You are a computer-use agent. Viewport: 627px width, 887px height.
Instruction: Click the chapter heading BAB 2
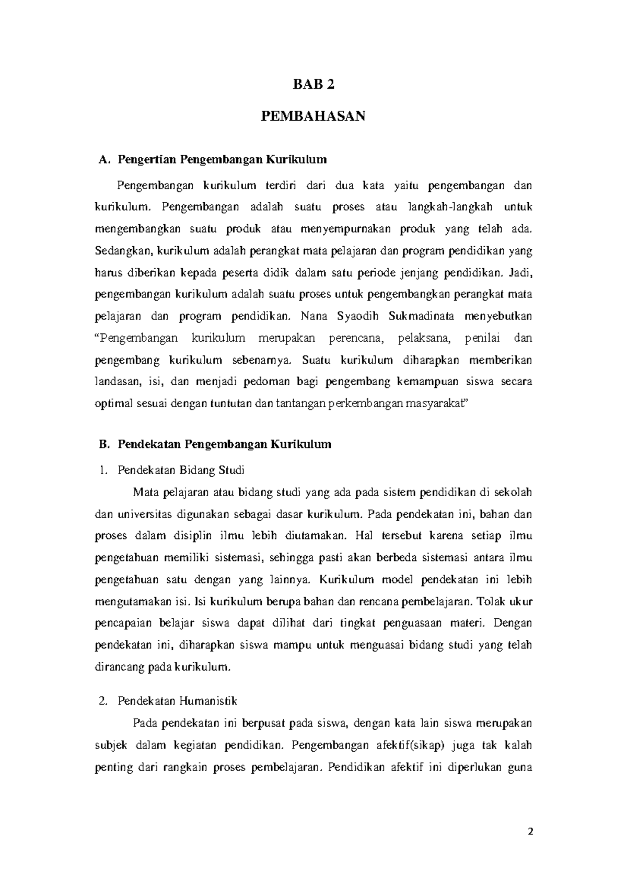pyautogui.click(x=313, y=86)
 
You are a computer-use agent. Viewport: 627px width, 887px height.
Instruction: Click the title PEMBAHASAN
pyautogui.click(x=313, y=116)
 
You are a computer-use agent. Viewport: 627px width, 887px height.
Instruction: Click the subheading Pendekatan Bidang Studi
pyautogui.click(x=181, y=470)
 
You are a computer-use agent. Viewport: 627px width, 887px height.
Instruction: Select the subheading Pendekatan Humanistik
pyautogui.click(x=178, y=700)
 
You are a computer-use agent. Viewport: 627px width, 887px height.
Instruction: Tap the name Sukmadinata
pyautogui.click(x=422, y=316)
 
